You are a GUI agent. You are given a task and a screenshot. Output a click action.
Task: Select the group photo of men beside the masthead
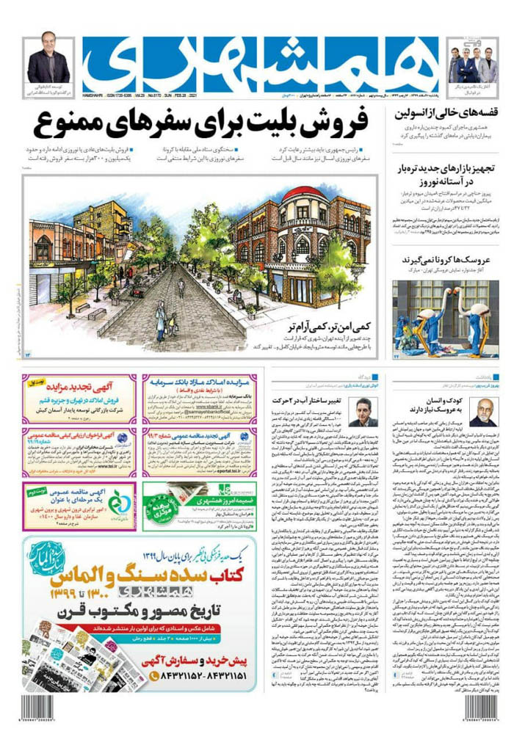[473, 63]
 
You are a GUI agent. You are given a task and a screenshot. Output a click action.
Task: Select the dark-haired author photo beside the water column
[362, 413]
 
